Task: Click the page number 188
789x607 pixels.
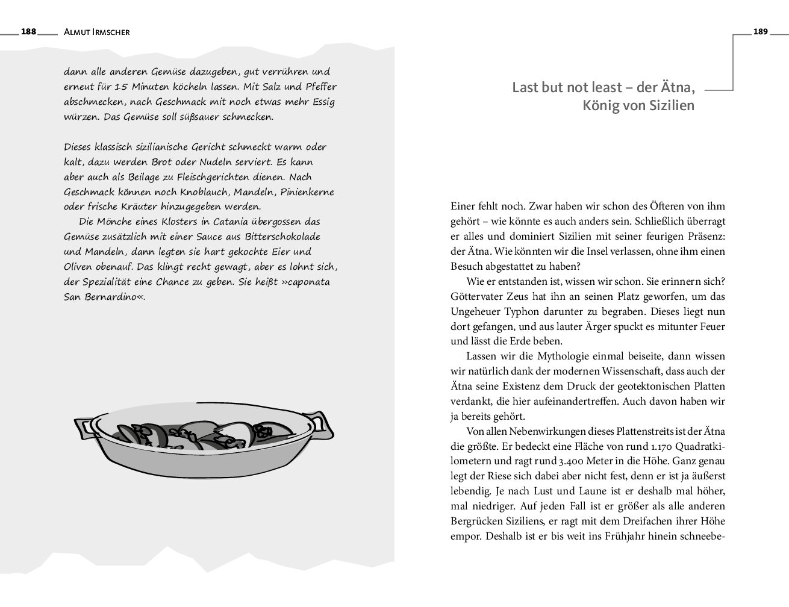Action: point(28,32)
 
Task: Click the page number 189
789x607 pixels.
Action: point(761,32)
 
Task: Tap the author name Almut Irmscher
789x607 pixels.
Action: point(96,33)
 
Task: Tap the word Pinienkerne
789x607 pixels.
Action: point(309,192)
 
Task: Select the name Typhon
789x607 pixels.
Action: point(527,312)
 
